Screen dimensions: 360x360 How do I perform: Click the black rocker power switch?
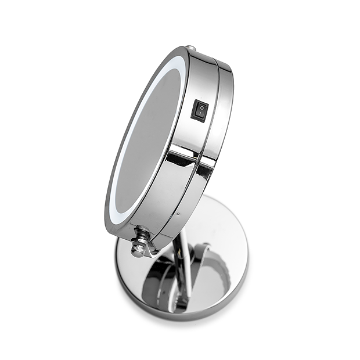[200, 109]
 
